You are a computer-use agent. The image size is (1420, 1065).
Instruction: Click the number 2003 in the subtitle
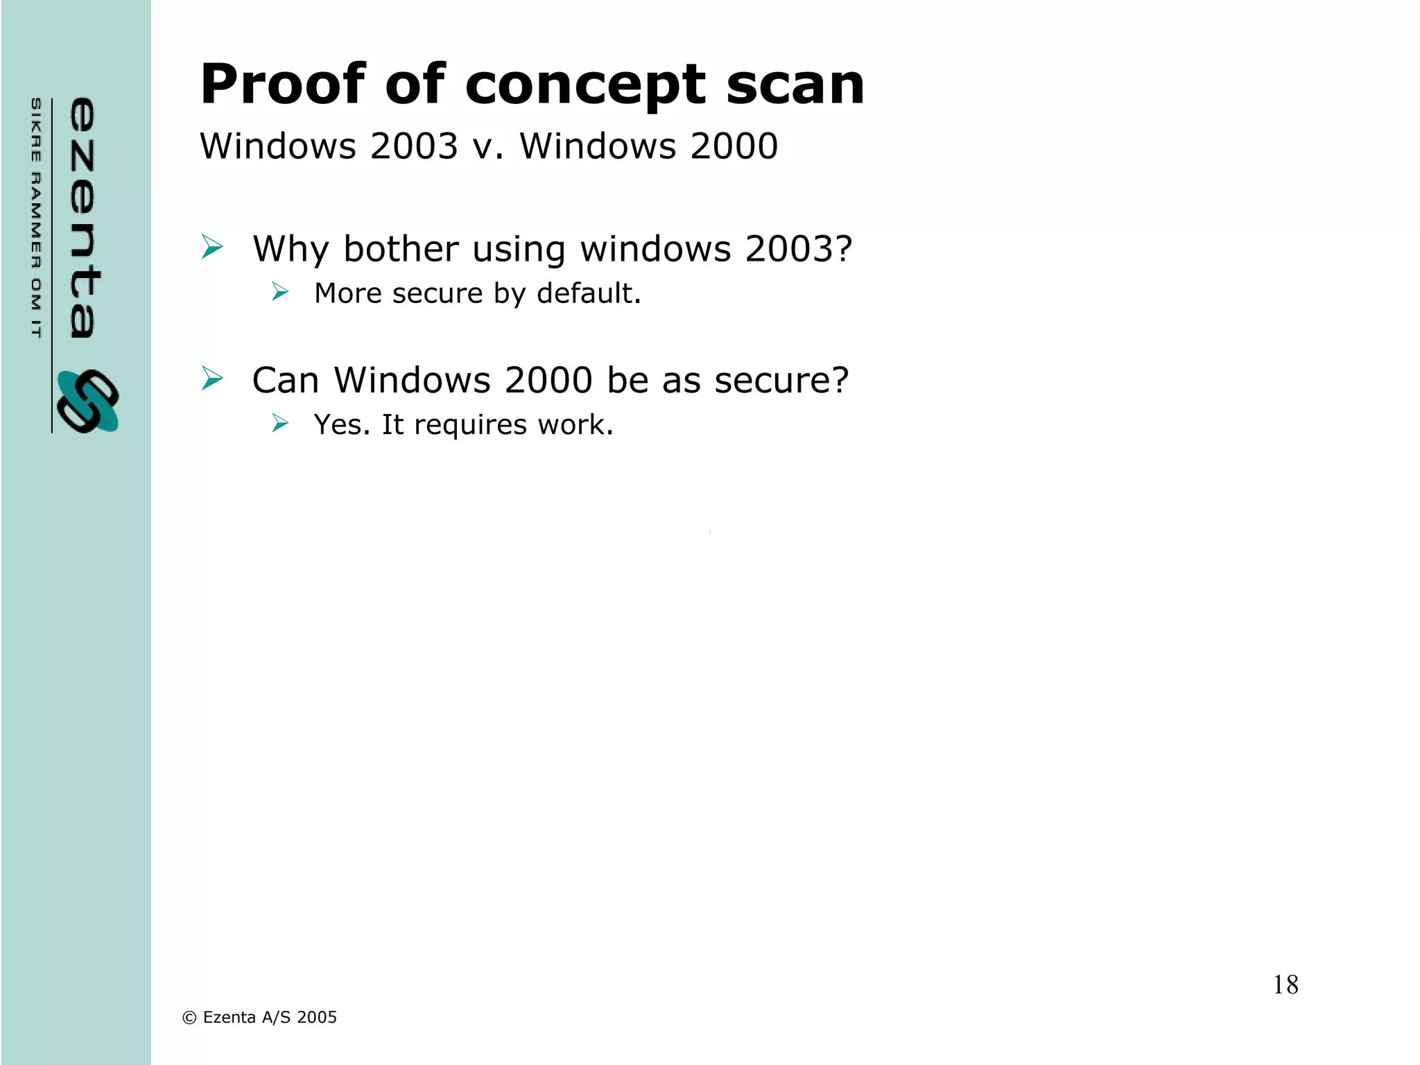(x=414, y=146)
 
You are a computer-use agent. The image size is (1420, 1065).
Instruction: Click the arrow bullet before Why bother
(x=212, y=247)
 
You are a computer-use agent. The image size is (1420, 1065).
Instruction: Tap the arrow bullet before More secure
(x=280, y=292)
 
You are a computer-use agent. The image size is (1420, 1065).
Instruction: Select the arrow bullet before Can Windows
(x=212, y=379)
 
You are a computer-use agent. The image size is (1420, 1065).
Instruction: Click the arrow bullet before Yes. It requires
(x=280, y=423)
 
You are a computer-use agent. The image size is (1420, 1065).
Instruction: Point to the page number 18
(x=1285, y=985)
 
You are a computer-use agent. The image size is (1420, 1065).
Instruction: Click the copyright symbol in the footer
(x=189, y=1018)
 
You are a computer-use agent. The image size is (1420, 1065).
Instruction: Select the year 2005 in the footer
(x=317, y=1017)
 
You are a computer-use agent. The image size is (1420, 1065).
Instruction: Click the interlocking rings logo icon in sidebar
(x=87, y=401)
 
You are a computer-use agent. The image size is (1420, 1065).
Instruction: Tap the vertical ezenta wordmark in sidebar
(x=83, y=218)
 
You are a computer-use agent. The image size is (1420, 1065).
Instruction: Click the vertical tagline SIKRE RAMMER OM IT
(x=36, y=218)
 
